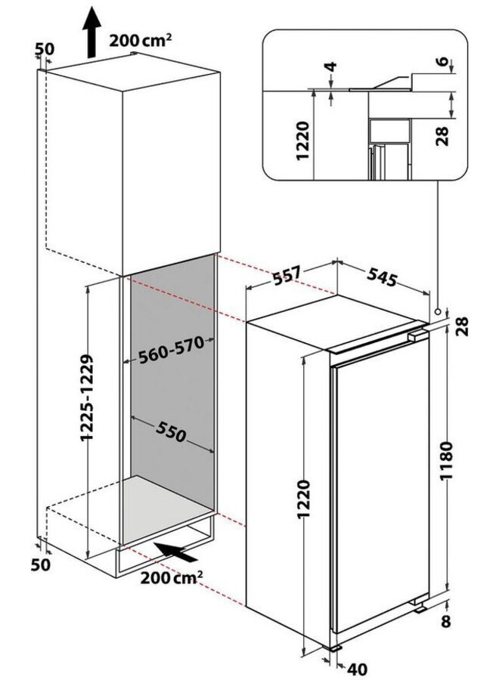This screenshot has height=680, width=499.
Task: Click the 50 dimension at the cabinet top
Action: [45, 49]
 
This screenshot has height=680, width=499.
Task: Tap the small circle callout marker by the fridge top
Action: [438, 311]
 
